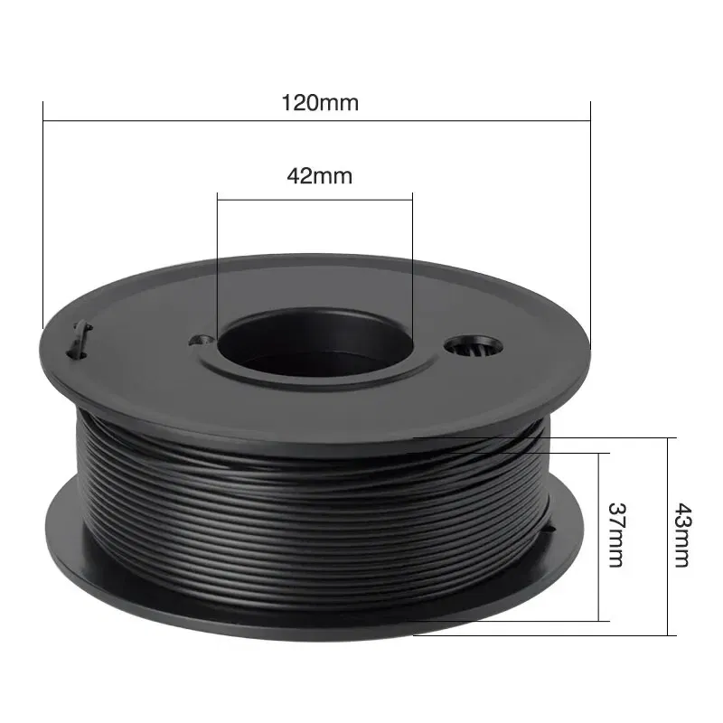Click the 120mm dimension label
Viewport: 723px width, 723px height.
click(320, 102)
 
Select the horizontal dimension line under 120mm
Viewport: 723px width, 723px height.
click(181, 119)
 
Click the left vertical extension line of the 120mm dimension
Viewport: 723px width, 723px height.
click(43, 217)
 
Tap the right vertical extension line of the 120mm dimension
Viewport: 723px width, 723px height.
click(590, 217)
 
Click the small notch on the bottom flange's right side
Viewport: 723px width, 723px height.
click(553, 533)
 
